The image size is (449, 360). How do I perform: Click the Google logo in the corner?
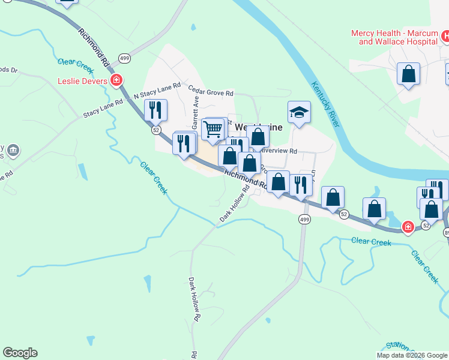pyautogui.click(x=20, y=353)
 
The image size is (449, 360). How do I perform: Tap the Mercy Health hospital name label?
pyautogui.click(x=397, y=38)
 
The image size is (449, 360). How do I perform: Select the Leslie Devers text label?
pyautogui.click(x=82, y=81)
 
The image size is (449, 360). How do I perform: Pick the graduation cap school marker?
pyautogui.click(x=299, y=112)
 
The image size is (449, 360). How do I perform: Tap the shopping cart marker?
pyautogui.click(x=212, y=128)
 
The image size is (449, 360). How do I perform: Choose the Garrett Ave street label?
pyautogui.click(x=195, y=113)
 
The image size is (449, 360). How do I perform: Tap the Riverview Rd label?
pyautogui.click(x=280, y=151)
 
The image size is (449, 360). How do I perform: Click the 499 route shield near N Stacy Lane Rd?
pyautogui.click(x=124, y=58)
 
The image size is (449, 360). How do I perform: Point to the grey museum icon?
pyautogui.click(x=14, y=149)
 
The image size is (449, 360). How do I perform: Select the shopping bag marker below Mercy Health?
pyautogui.click(x=408, y=74)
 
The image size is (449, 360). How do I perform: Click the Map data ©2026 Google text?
pyautogui.click(x=412, y=355)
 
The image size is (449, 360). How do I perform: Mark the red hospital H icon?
pyautogui.click(x=445, y=37)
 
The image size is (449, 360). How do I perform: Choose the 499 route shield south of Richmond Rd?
pyautogui.click(x=304, y=220)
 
